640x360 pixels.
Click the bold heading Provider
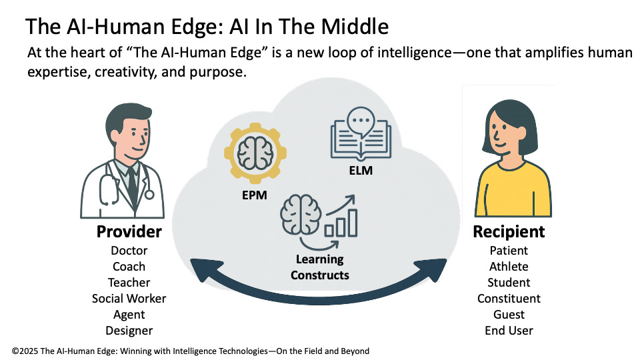[x=129, y=231]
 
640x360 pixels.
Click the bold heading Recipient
[x=509, y=231]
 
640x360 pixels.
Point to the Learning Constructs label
[x=319, y=267]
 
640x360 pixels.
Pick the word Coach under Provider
[x=129, y=267]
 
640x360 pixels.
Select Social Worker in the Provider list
[x=129, y=299]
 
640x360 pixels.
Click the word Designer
[x=129, y=331]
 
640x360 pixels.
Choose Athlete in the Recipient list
[x=509, y=267]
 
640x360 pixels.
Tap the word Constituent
[x=509, y=299]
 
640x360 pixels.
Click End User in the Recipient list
[x=509, y=331]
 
